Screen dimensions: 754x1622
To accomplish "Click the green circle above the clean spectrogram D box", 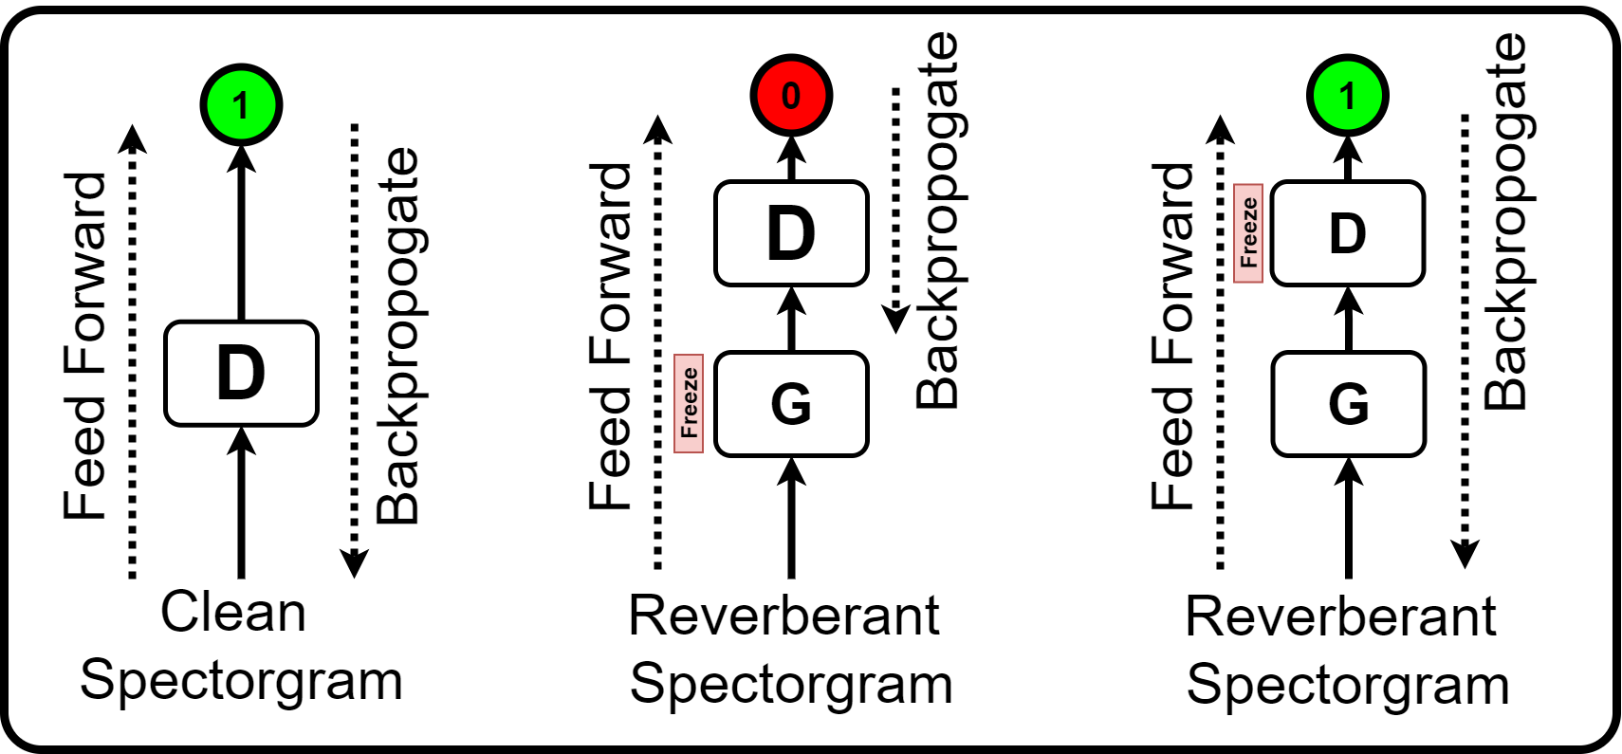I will [241, 104].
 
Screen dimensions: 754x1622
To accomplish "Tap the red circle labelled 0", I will [790, 95].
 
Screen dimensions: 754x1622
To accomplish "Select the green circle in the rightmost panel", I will [1347, 95].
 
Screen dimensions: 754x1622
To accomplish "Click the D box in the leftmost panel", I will [241, 373].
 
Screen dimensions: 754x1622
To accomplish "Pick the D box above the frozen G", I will [790, 233].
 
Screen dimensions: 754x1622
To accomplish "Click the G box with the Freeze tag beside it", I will [790, 404].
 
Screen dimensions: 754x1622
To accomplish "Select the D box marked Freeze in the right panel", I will [1347, 233].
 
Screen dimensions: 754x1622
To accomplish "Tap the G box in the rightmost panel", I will [1347, 404].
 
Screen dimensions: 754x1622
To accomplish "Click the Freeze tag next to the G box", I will [689, 403].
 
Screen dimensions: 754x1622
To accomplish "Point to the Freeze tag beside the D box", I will [1247, 233].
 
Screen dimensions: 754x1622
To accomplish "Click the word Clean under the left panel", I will [233, 612].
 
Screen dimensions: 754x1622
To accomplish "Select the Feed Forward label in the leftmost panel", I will [85, 346].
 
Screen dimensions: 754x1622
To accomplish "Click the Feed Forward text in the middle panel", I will [610, 337].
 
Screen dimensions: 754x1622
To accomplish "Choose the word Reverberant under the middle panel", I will [783, 616].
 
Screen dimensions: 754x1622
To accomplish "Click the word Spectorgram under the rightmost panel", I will [1347, 684].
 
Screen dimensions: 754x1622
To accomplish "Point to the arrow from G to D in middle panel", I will [791, 319].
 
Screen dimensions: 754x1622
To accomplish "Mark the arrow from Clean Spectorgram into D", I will [241, 503].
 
